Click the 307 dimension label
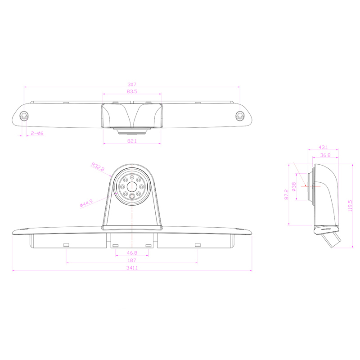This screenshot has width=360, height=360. (132, 84)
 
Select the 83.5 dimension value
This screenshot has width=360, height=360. (132, 91)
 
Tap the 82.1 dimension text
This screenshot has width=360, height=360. (132, 141)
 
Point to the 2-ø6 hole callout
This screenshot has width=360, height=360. (37, 133)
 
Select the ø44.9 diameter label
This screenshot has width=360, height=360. (86, 203)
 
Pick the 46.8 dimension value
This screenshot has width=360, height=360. (132, 253)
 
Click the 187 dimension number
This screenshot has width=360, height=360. (132, 261)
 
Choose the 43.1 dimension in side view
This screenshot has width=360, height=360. (323, 147)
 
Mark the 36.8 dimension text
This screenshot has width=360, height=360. (325, 155)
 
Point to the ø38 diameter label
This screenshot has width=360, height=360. (294, 187)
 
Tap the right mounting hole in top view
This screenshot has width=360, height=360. (239, 116)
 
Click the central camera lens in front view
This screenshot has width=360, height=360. (132, 185)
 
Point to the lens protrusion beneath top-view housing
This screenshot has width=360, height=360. (132, 131)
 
